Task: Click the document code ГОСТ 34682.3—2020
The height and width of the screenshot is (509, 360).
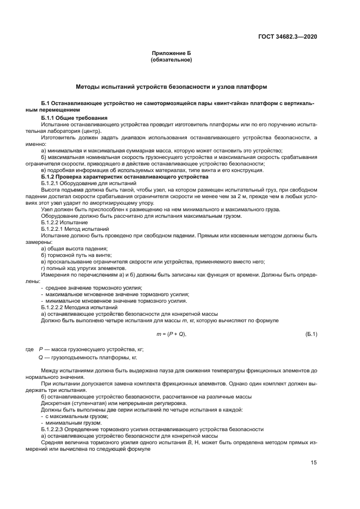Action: tap(288, 36)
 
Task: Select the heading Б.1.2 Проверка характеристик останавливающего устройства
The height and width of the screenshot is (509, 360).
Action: tap(125, 177)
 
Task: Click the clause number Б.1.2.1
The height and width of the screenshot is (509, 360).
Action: tap(53, 183)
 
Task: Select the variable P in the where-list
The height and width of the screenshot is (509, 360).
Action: tap(41, 348)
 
